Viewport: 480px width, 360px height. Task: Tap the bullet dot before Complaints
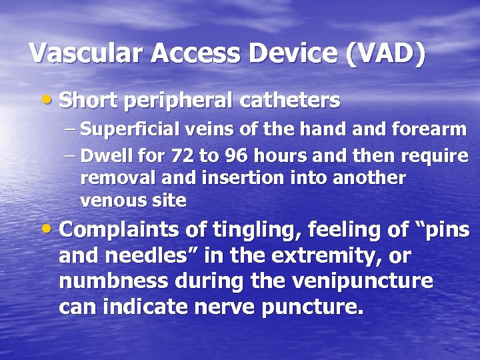[x=49, y=231]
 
